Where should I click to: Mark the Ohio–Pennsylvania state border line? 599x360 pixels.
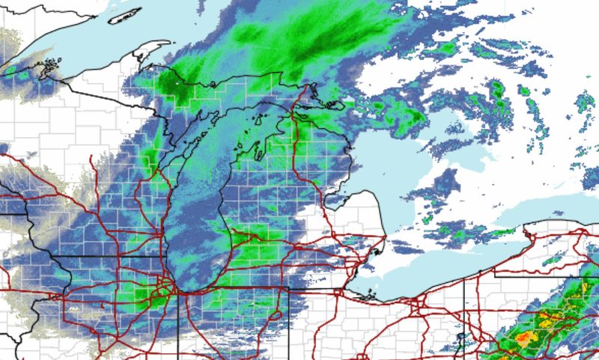[464, 314]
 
